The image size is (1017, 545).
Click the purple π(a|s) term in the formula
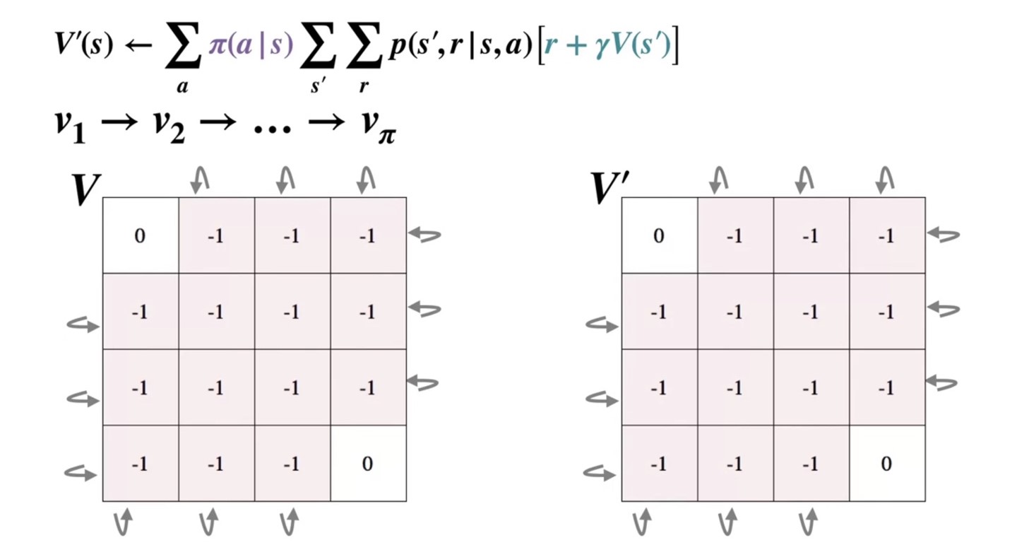(251, 46)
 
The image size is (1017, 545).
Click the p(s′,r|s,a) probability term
(459, 46)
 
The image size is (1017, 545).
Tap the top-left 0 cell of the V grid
(140, 235)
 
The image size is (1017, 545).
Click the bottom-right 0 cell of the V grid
(367, 464)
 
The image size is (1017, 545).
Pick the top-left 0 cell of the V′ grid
(659, 235)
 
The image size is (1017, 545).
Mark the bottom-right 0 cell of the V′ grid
(886, 464)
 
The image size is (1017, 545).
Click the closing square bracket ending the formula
(674, 47)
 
